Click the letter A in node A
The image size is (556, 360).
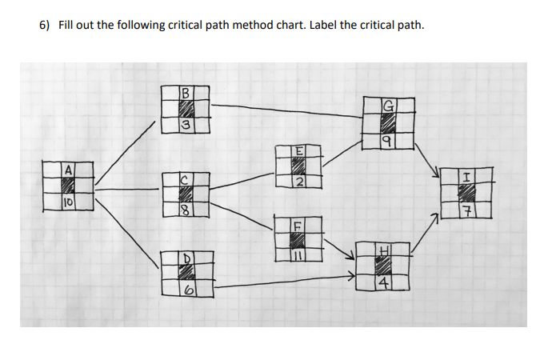(70, 170)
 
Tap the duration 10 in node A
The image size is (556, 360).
(69, 203)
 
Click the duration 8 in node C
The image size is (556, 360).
(185, 211)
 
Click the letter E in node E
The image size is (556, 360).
(298, 151)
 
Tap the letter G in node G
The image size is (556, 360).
(389, 106)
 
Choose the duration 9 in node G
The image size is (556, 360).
(387, 141)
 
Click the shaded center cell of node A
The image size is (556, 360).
(69, 186)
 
